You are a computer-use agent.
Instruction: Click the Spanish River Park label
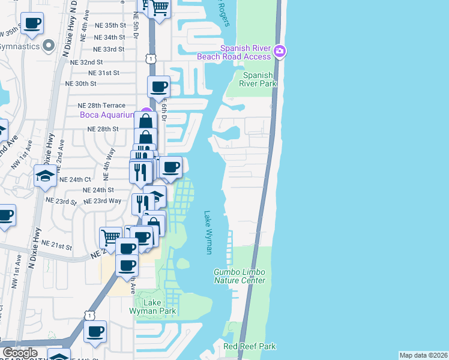point(260,79)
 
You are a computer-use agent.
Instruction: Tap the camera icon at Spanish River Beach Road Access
point(279,52)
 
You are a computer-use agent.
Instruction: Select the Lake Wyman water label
point(208,232)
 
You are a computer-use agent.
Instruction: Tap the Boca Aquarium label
point(107,115)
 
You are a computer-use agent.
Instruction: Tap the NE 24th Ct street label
point(75,179)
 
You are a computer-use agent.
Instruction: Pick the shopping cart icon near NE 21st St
point(110,236)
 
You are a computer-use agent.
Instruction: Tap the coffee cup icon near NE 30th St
point(159,86)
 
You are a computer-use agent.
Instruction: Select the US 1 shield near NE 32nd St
point(151,59)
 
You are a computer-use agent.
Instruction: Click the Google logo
point(20,353)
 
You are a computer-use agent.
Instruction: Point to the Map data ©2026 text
point(423,355)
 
